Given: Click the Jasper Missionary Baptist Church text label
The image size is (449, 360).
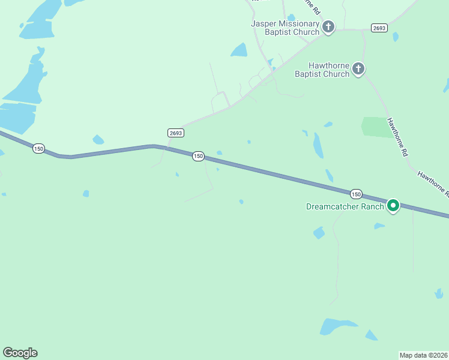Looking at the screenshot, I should (x=285, y=28).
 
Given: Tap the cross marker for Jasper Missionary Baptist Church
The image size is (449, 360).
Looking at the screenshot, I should (x=328, y=26).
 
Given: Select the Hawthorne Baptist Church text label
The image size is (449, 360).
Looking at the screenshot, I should (x=322, y=70).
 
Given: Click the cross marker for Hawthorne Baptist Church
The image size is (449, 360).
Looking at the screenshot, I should (x=358, y=69).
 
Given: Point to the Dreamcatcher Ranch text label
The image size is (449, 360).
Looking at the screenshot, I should (x=345, y=206).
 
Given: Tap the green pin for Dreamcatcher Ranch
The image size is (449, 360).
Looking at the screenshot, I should (x=393, y=205).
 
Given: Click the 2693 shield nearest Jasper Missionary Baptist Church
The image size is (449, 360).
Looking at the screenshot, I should (x=379, y=28).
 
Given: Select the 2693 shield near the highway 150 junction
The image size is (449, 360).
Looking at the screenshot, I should (x=175, y=133).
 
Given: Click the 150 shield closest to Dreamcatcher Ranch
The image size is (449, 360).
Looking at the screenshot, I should (x=356, y=194).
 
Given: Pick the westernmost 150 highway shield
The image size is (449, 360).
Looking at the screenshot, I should (x=38, y=148).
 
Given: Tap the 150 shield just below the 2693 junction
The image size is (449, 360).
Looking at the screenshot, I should (x=198, y=156).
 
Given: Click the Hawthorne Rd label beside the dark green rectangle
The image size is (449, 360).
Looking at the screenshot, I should (x=397, y=137).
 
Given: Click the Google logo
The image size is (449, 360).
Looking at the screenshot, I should (x=20, y=353).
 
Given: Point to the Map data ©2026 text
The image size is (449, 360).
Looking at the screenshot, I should (x=423, y=355).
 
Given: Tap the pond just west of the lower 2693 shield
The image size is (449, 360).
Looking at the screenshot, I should (x=98, y=140).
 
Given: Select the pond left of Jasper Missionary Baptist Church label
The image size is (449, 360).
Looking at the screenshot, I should (x=240, y=50).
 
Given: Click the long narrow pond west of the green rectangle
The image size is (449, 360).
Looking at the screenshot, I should (x=318, y=145).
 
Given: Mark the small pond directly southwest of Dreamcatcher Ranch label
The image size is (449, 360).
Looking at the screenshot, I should (x=319, y=233).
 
